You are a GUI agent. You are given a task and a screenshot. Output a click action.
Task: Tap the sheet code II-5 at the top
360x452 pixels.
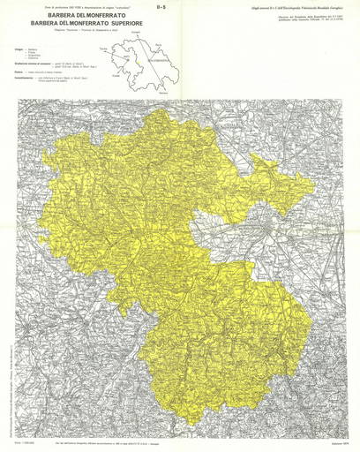click(x=181, y=7)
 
